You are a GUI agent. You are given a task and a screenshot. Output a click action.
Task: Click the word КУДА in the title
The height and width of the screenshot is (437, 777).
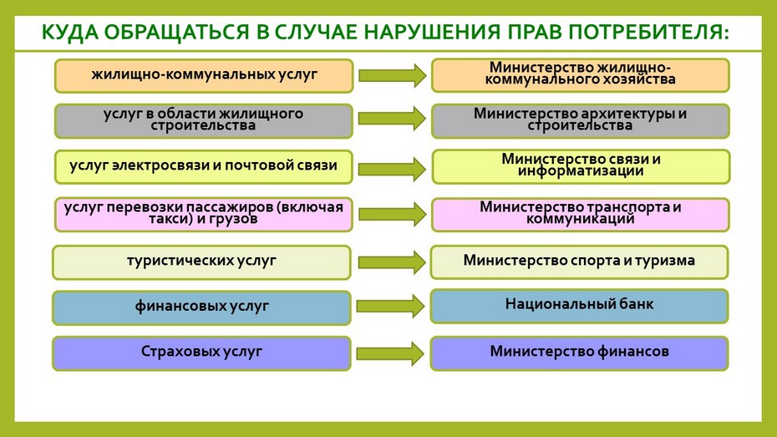pos(70,33)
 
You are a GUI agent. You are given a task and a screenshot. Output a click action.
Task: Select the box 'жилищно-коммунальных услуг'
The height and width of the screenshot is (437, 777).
pos(204,76)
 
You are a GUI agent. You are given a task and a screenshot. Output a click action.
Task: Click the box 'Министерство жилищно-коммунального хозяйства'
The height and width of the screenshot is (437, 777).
pos(581,75)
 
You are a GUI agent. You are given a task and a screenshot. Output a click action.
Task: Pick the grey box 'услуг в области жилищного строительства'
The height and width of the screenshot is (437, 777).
pos(204,121)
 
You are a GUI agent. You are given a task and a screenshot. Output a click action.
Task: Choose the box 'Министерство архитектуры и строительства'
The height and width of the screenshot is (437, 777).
pos(581,121)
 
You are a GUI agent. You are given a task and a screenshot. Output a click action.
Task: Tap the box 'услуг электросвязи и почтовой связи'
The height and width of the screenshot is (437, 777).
pos(204,167)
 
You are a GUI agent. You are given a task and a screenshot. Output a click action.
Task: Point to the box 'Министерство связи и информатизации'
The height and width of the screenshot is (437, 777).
pos(581,166)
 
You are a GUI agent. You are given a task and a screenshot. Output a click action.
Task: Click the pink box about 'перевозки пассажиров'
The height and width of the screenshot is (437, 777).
pos(204,215)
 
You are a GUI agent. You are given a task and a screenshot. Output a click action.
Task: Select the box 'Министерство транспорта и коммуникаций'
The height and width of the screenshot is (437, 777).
pos(581,215)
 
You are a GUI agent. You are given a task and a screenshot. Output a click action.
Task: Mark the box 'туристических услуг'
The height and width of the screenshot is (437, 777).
pos(201,262)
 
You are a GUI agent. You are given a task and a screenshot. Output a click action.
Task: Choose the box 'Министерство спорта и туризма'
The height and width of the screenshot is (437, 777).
pos(579,262)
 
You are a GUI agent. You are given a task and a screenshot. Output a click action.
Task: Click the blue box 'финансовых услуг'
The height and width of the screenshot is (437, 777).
pos(201,307)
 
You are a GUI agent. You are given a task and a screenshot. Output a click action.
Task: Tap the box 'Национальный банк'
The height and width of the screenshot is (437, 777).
pos(579,306)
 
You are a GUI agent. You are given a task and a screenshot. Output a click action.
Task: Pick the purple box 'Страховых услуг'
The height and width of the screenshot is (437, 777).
pos(201,353)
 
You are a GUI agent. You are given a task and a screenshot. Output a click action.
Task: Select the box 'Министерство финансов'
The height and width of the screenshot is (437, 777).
pos(579,353)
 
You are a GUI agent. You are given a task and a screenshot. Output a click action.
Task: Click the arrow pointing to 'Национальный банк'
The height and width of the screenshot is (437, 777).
pos(390,306)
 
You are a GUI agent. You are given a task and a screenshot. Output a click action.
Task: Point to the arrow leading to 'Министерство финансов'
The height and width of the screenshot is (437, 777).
pos(390,353)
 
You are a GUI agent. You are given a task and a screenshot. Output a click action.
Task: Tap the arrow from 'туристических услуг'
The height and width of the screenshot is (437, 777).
pos(392,262)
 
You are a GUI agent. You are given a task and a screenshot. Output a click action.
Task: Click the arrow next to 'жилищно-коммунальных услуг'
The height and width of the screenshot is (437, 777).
pos(393,75)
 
